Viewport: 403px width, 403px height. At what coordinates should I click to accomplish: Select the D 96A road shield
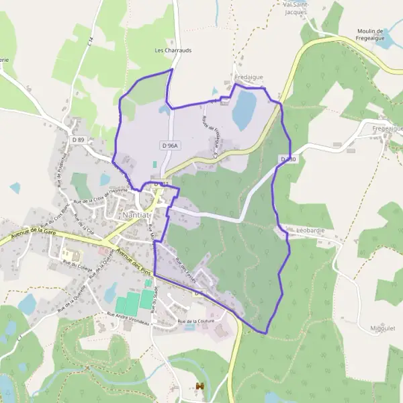[170, 145]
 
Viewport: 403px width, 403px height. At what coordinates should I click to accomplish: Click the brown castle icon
[199, 386]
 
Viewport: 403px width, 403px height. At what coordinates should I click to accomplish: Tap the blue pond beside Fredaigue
[244, 110]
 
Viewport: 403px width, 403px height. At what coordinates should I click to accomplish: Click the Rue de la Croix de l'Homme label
[101, 198]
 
